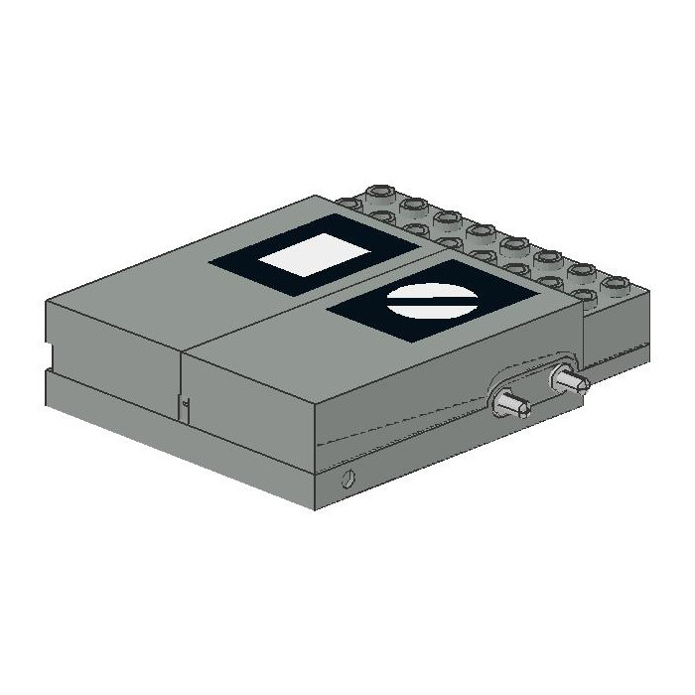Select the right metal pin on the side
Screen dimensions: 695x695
(x=569, y=379)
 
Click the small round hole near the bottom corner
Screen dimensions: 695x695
(x=346, y=481)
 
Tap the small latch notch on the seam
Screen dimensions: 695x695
(x=183, y=402)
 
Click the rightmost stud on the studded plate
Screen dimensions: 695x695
(x=619, y=286)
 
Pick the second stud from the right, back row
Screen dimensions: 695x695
(x=583, y=271)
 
